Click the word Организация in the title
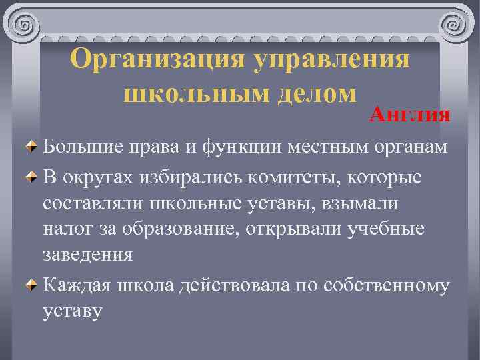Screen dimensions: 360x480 tap(156, 60)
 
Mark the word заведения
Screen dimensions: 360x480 tap(88, 255)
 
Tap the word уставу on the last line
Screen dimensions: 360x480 tap(73, 310)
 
